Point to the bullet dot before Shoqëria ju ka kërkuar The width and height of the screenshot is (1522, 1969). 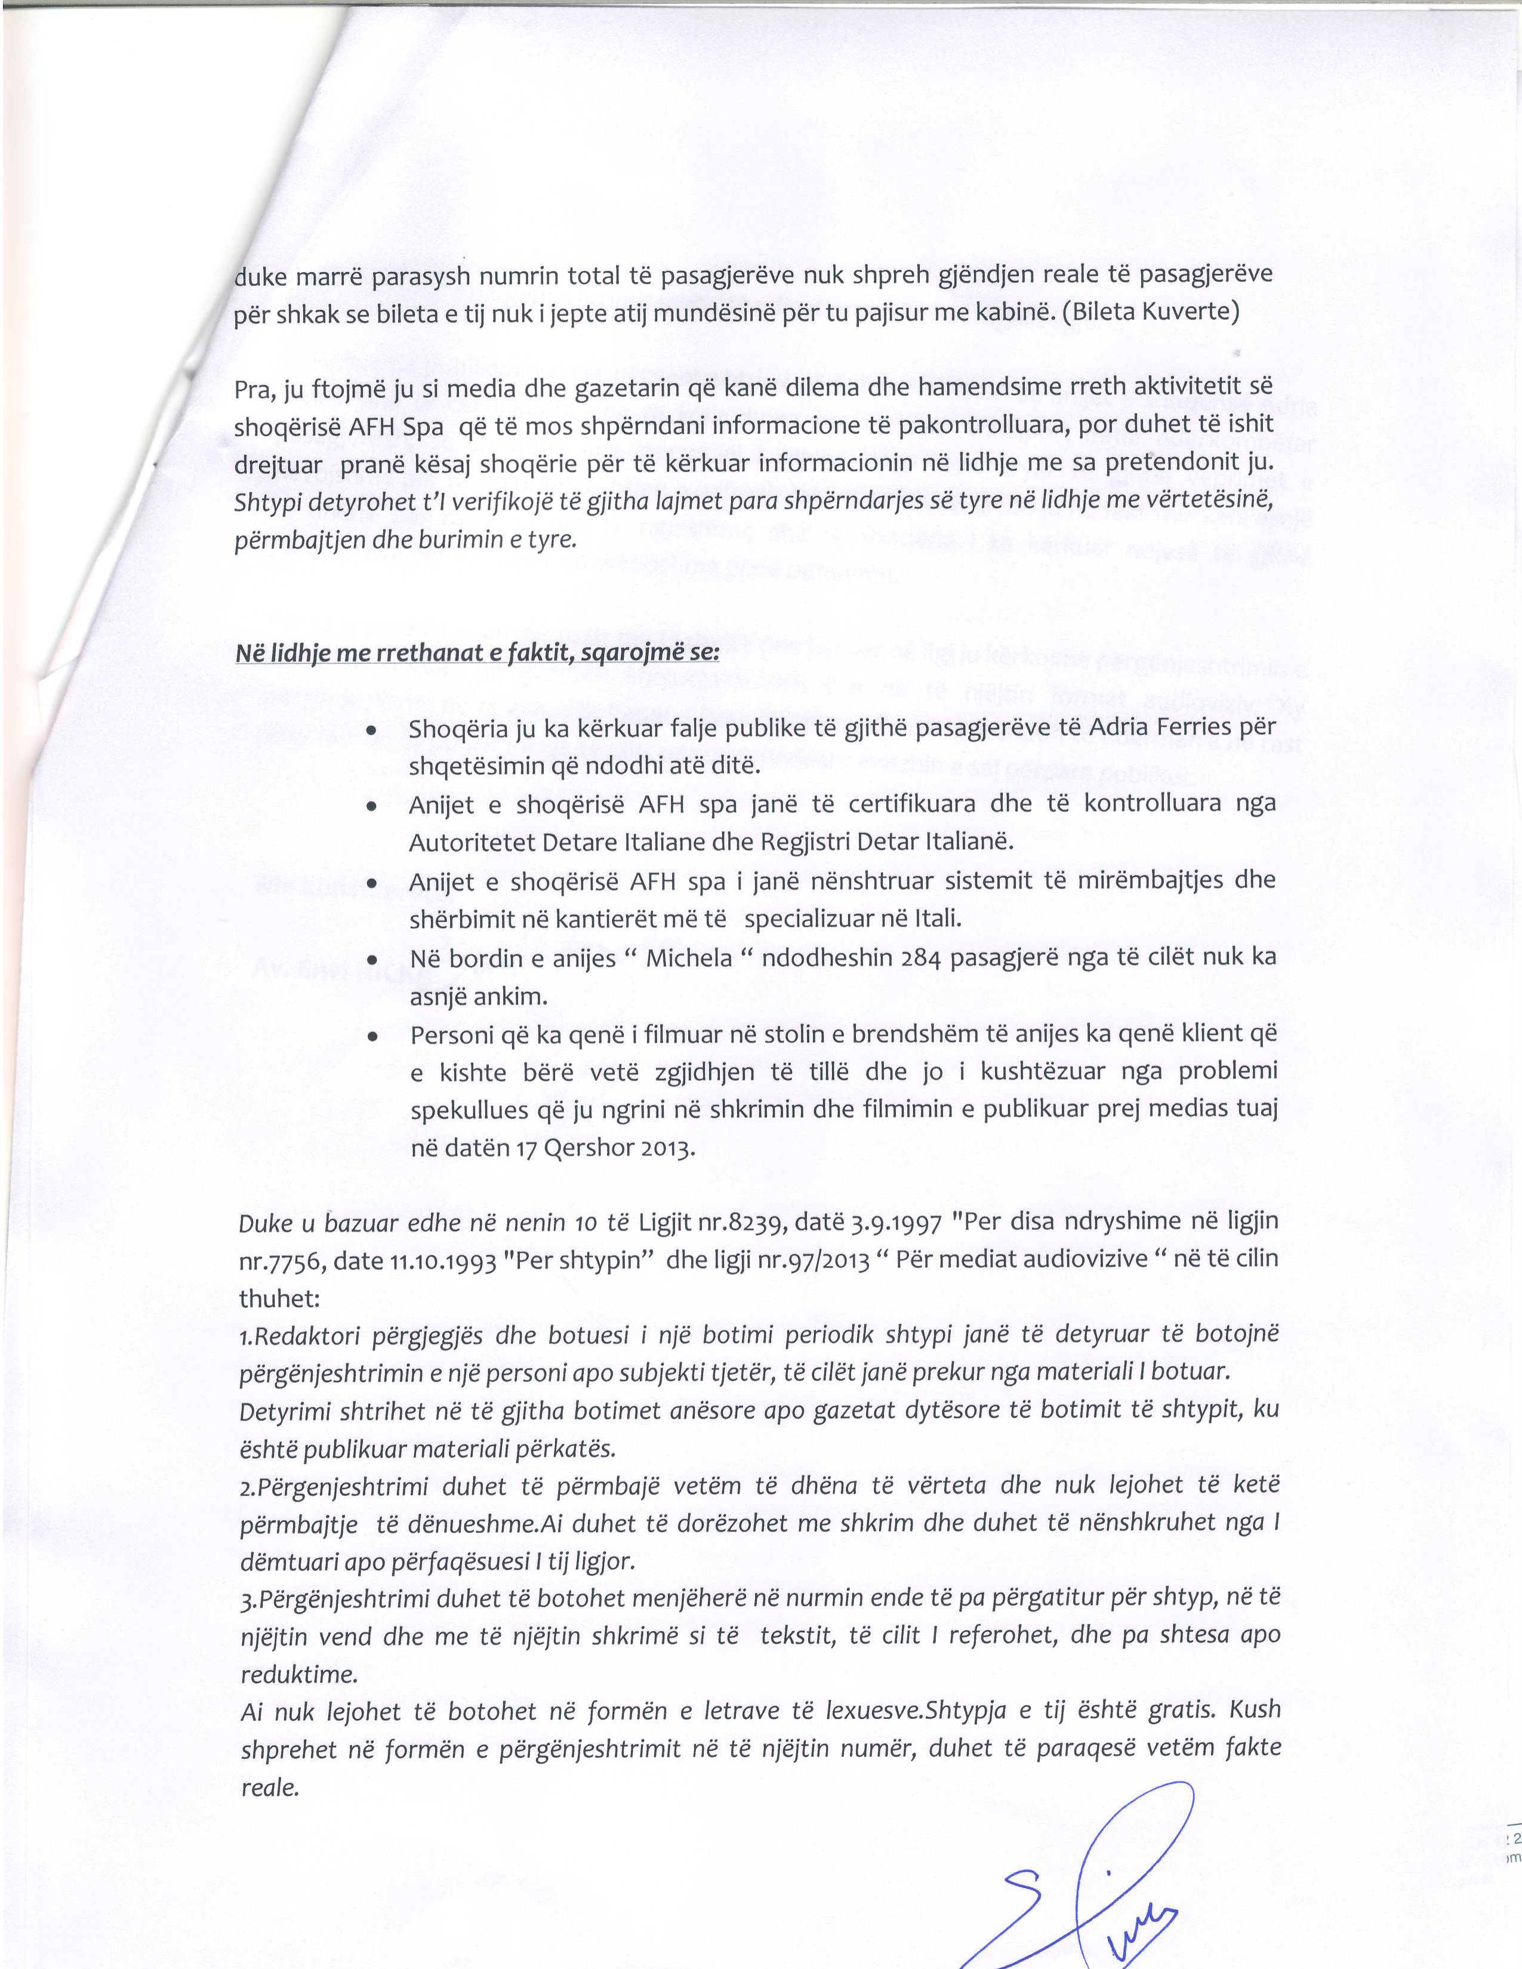click(371, 731)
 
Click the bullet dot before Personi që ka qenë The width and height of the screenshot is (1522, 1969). click(371, 1039)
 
